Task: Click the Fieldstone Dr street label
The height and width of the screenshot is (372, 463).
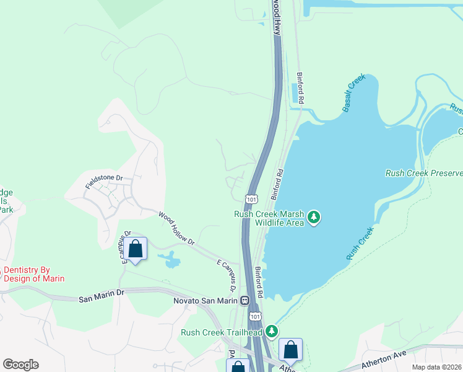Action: click(105, 184)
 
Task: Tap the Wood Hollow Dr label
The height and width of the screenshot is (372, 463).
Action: click(177, 228)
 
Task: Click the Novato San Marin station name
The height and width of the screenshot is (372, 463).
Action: click(205, 301)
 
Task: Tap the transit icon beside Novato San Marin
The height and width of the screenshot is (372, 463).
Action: click(245, 301)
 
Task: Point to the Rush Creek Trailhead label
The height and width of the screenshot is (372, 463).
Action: click(221, 332)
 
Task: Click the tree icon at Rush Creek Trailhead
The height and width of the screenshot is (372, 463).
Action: click(270, 333)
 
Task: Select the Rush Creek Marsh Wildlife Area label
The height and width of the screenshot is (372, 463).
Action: click(269, 218)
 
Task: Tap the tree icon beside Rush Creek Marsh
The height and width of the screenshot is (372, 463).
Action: click(315, 216)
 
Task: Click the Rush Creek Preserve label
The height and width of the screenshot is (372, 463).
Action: click(423, 173)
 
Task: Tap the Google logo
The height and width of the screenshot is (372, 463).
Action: click(20, 365)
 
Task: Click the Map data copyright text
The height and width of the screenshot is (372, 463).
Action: click(436, 366)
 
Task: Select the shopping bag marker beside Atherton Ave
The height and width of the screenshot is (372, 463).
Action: click(290, 351)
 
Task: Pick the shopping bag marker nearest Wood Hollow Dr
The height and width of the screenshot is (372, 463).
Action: click(136, 249)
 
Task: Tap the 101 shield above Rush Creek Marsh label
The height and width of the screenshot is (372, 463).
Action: click(251, 199)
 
